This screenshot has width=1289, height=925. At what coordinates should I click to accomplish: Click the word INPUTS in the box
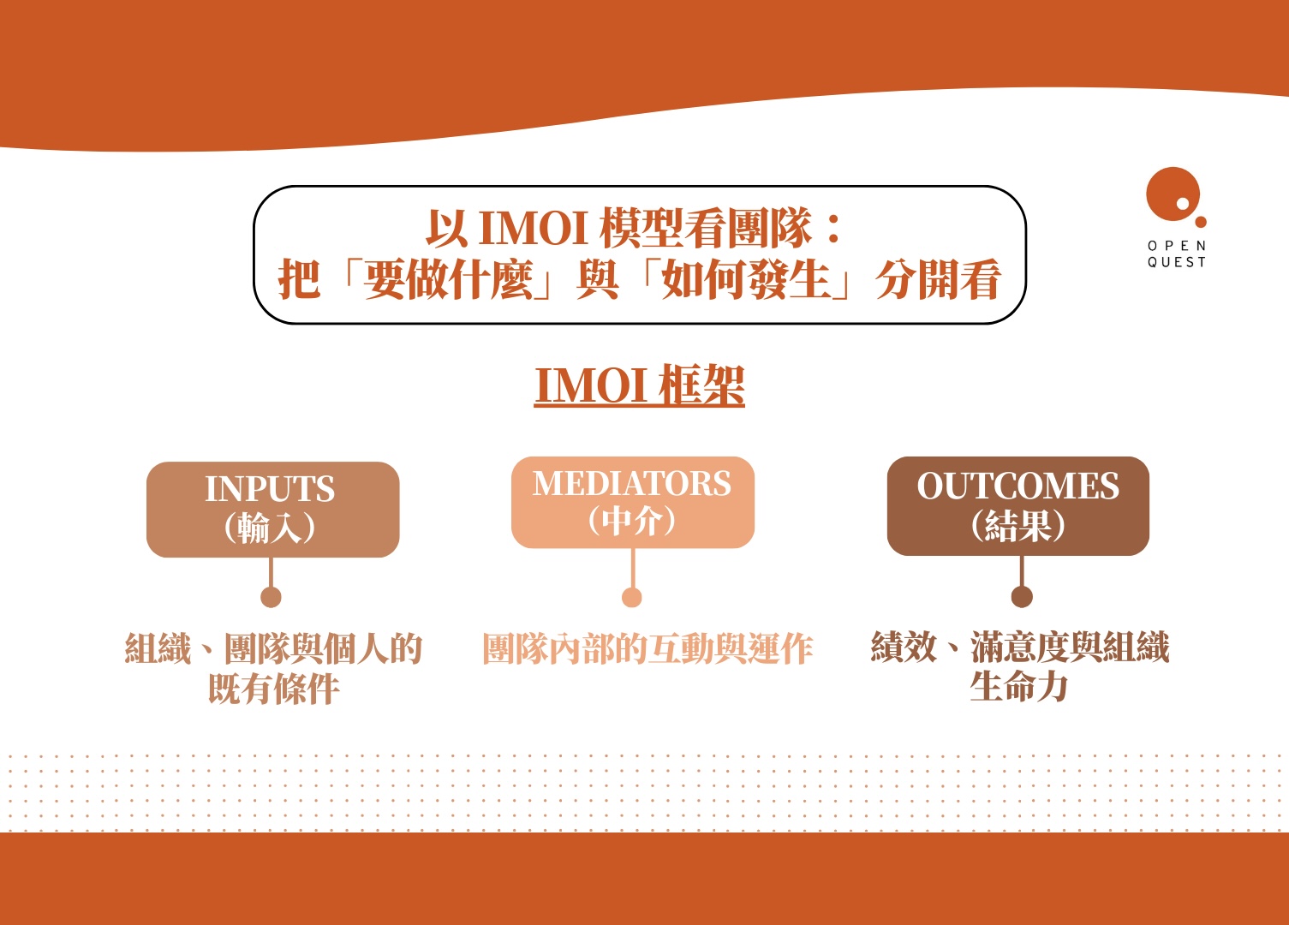point(270,489)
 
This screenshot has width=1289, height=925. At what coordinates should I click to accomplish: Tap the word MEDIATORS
point(632,484)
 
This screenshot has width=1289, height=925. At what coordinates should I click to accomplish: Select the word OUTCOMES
point(1017,486)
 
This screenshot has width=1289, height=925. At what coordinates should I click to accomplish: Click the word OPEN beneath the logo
point(1177,246)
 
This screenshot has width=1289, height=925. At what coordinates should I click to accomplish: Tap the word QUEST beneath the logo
point(1177,263)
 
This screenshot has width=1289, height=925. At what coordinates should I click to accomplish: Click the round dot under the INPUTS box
point(271,597)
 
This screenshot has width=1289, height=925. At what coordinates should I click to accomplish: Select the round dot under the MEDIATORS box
point(632,597)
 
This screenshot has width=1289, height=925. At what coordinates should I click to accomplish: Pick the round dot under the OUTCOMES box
point(1021,597)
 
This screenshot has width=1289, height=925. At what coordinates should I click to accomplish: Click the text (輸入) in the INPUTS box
point(270,528)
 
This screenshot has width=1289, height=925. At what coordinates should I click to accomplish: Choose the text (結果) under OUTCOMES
point(1017,525)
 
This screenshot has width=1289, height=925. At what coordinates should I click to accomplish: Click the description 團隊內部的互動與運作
point(647,649)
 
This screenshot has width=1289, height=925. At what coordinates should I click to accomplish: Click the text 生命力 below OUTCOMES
point(1019,687)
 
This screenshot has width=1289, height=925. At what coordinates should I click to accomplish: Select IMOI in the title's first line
point(532,229)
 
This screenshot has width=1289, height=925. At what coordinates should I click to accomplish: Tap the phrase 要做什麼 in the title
point(449,280)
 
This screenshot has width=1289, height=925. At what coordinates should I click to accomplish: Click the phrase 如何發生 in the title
point(746,280)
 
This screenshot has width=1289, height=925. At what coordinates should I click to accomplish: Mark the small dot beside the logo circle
point(1201,222)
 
